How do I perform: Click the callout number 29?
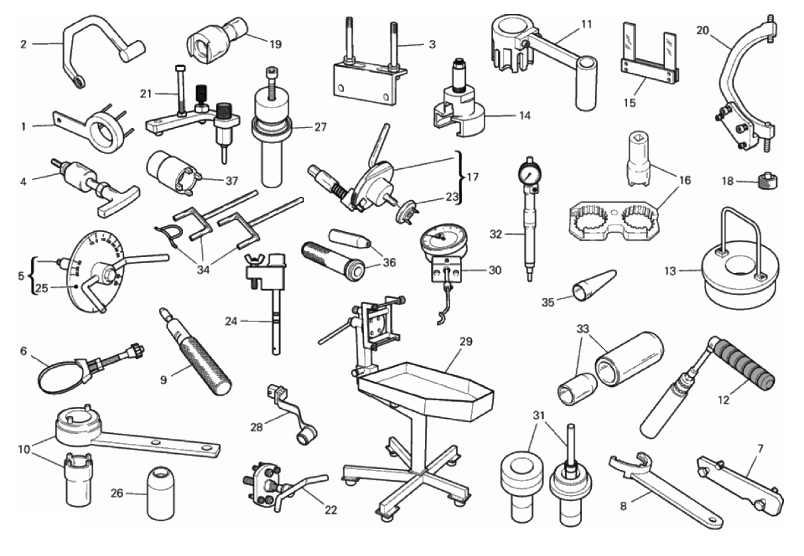click(465, 341)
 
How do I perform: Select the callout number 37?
click(232, 181)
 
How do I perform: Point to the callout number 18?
click(727, 181)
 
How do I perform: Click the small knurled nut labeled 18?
click(766, 182)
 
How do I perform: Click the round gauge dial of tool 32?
click(530, 174)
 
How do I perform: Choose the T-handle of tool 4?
click(118, 201)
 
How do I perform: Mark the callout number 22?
click(331, 510)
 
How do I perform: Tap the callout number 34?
click(203, 270)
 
